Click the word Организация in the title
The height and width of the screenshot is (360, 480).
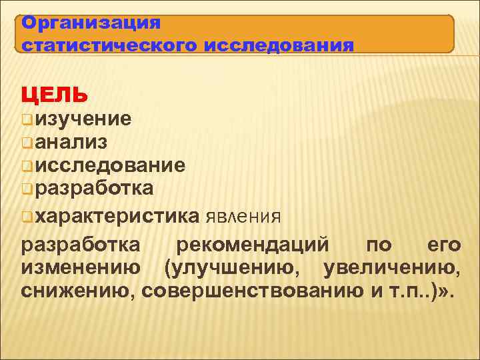pos(91,23)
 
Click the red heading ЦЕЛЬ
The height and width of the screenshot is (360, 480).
pos(54,95)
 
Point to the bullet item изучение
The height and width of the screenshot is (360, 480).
pos(83,119)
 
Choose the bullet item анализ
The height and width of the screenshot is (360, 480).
pos(73,142)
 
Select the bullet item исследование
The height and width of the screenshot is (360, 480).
pos(110,165)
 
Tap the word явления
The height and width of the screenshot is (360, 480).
pos(243,217)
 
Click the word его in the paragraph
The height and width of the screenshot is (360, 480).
pos(443,245)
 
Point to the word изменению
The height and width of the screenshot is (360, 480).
pos(81,268)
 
